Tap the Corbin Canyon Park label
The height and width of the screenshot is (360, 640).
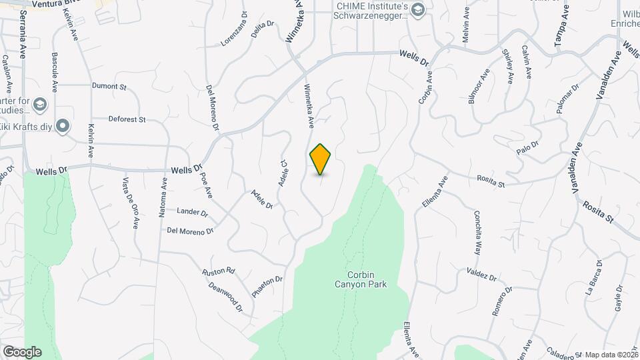367,279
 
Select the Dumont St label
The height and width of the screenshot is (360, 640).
109,87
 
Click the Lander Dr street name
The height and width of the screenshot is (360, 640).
192,211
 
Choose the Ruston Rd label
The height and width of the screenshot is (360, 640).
219,271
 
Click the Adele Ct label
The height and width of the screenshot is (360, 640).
283,173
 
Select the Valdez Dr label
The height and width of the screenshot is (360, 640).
481,275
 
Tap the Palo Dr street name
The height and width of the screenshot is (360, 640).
526,147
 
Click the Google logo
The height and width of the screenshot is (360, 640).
22,352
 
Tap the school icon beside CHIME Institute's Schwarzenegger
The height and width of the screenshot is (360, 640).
418,9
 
